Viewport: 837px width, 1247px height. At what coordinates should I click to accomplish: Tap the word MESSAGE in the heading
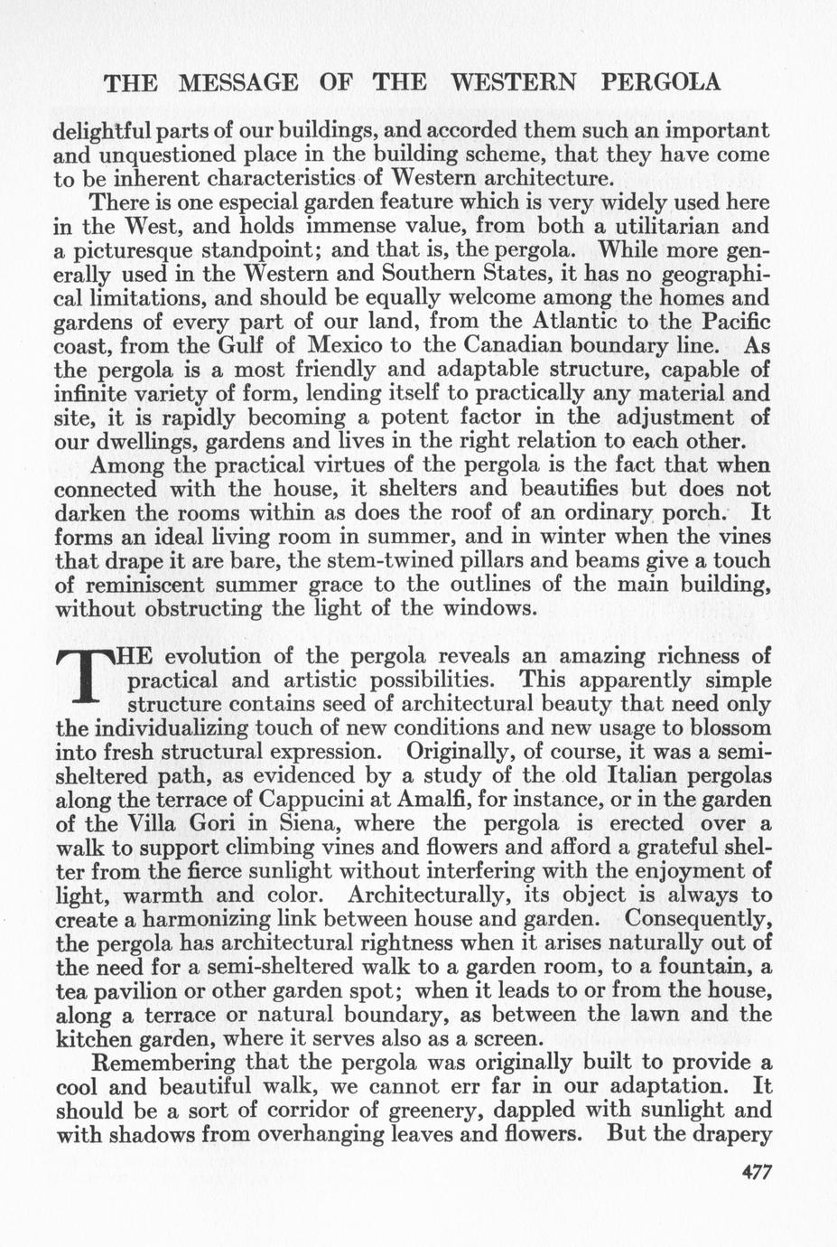click(x=239, y=83)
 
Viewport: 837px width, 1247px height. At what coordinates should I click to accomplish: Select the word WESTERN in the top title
click(x=514, y=83)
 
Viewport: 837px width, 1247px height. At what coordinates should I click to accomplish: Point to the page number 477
click(x=757, y=1172)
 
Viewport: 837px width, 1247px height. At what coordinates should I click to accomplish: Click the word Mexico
click(x=354, y=346)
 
